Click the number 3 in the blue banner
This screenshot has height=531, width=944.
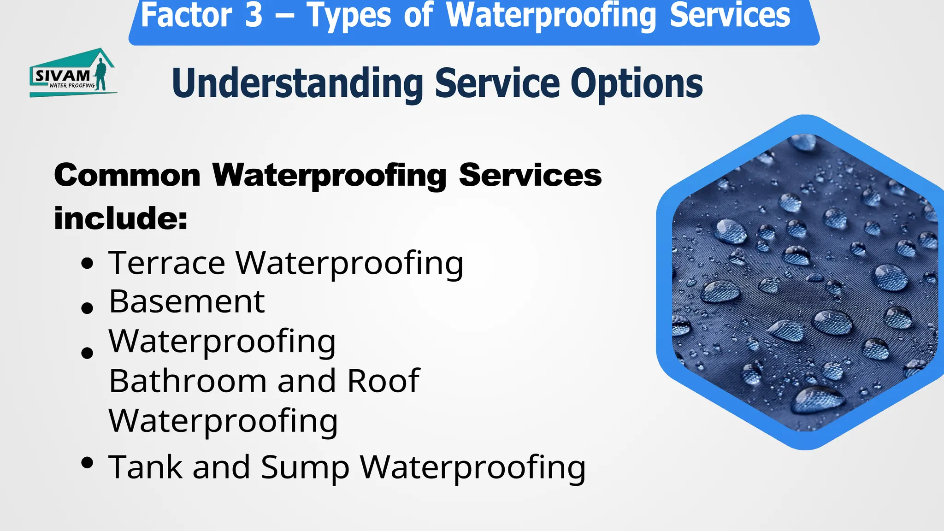point(254,16)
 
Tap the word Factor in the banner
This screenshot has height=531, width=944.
point(186,16)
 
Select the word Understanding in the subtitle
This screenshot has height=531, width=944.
point(297,83)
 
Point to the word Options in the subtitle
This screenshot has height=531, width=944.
point(637,83)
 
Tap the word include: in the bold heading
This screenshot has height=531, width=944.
point(121,218)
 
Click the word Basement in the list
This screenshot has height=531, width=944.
point(187,302)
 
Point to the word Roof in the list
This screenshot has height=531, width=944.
point(383,381)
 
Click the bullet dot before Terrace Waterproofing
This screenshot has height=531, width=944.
point(87,264)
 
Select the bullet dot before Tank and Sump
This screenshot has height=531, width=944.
point(87,462)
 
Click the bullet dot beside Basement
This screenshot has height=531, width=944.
point(87,307)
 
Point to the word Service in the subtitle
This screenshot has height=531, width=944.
point(497,83)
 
